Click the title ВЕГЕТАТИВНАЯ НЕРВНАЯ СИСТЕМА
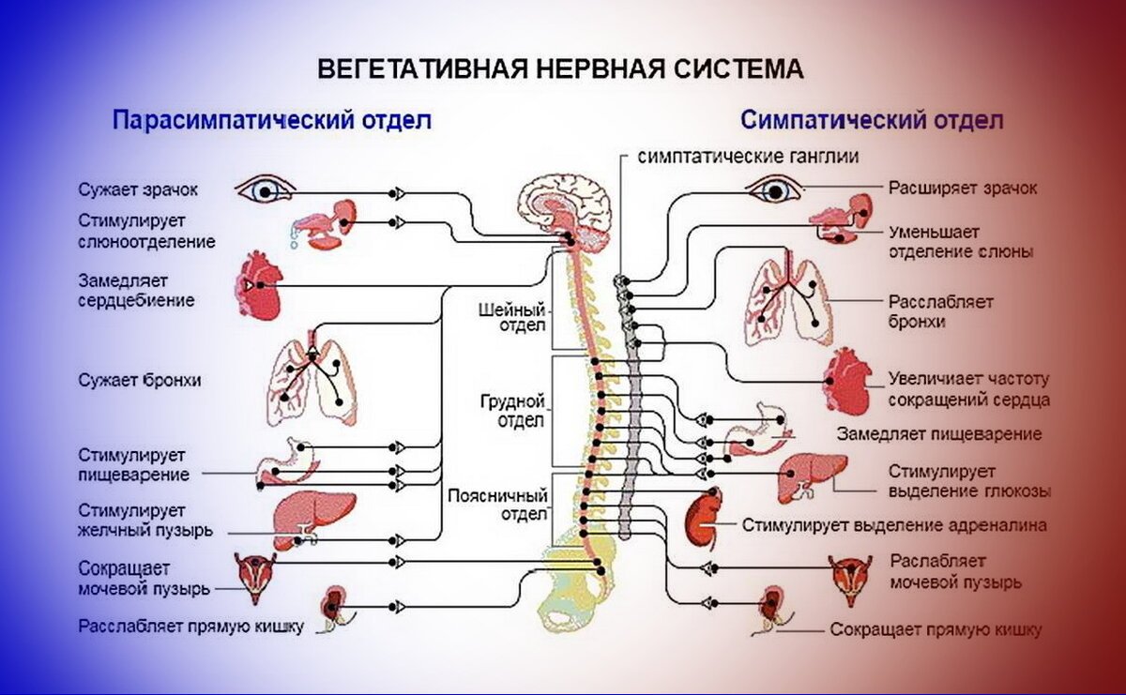(x=560, y=70)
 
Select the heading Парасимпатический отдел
(x=272, y=120)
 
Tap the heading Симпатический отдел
(x=872, y=120)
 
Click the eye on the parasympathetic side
(x=265, y=190)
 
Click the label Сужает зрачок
(x=139, y=189)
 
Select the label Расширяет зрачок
(x=963, y=188)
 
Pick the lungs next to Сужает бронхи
(x=312, y=380)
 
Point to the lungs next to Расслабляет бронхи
(x=788, y=301)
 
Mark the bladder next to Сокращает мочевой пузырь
(x=254, y=575)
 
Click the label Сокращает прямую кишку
(x=936, y=630)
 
